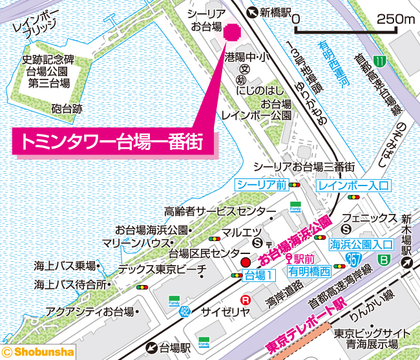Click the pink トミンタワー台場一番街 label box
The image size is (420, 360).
pyautogui.click(x=114, y=142)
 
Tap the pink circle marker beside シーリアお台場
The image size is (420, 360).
pyautogui.click(x=231, y=32)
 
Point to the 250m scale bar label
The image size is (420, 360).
pyautogui.click(x=395, y=19)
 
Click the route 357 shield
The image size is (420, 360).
pyautogui.click(x=353, y=260)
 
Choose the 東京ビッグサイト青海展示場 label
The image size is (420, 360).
pyautogui.click(x=372, y=339)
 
